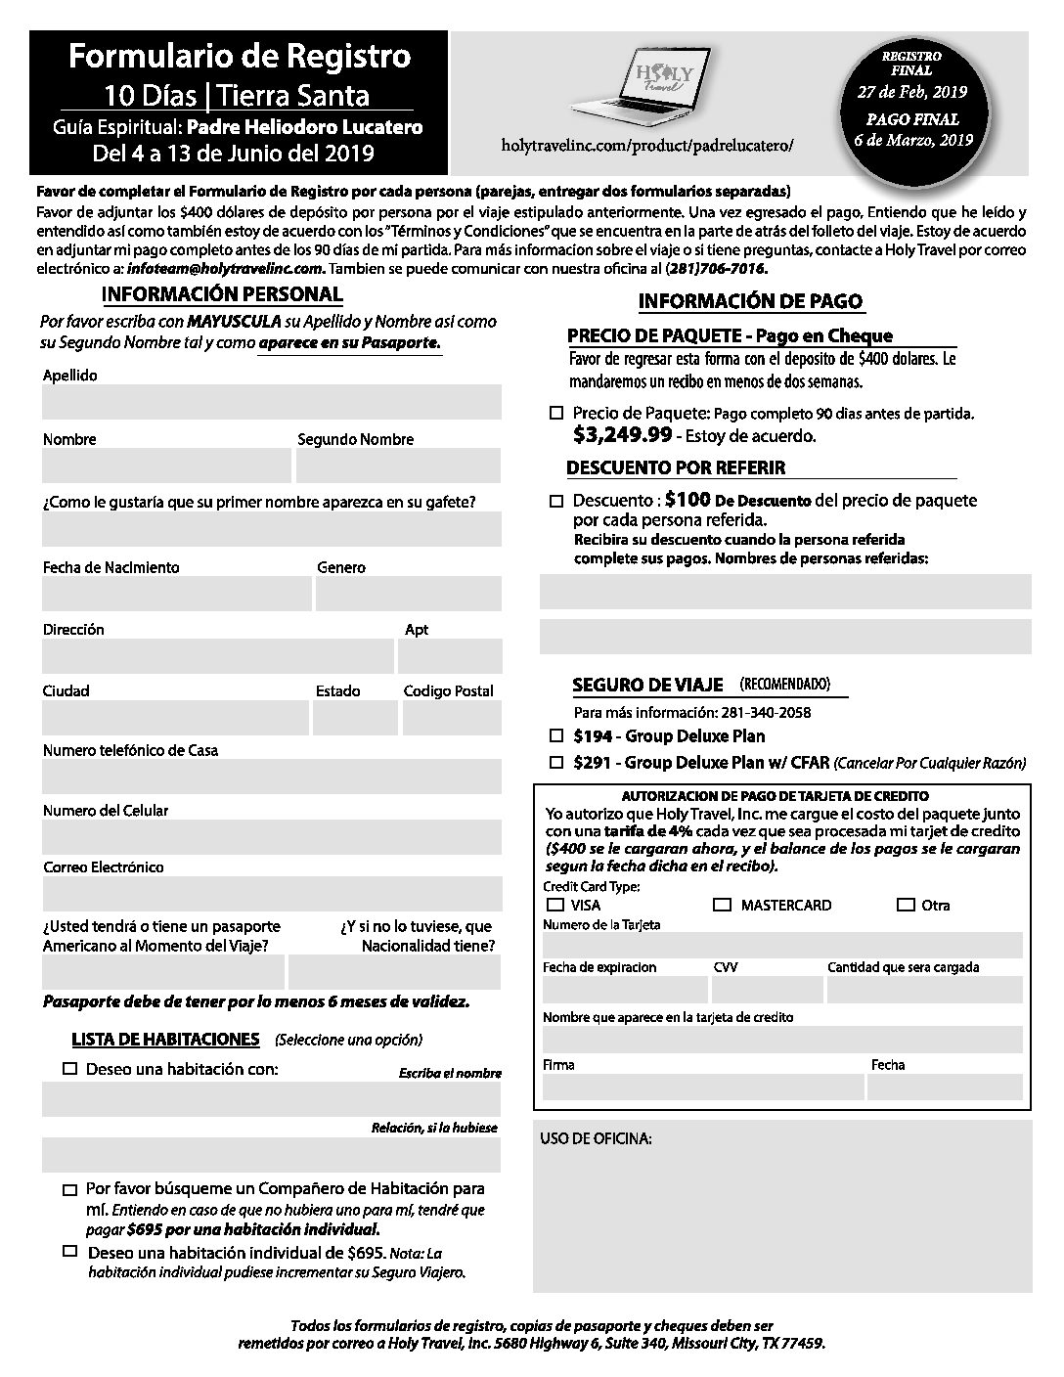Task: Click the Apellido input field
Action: [x=271, y=402]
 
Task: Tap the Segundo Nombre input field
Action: [x=398, y=466]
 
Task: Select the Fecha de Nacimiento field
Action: [x=176, y=594]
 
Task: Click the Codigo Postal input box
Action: [x=452, y=718]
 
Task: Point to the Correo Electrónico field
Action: [x=271, y=894]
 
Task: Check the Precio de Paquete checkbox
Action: [x=556, y=414]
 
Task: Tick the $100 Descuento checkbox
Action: [x=556, y=501]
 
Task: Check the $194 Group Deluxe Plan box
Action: [x=556, y=735]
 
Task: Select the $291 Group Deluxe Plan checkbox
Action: [x=556, y=762]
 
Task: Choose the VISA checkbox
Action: [x=556, y=905]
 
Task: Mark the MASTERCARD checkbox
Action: [x=722, y=905]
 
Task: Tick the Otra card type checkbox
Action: [x=906, y=905]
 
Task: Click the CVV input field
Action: [x=768, y=990]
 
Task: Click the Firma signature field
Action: [x=703, y=1087]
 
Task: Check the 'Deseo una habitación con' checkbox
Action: [x=69, y=1069]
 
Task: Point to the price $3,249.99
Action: [x=622, y=434]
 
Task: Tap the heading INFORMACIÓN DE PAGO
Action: [x=750, y=302]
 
